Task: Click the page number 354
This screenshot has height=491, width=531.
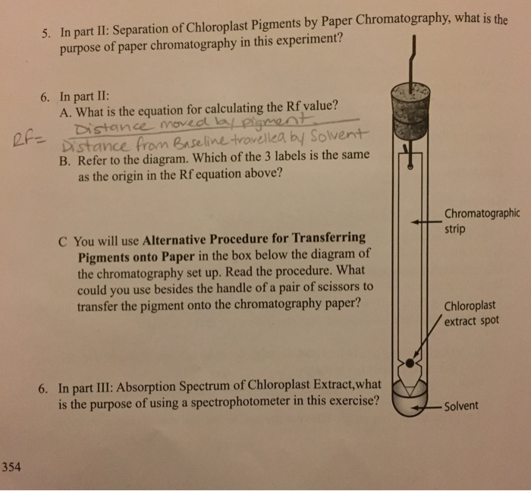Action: [12, 467]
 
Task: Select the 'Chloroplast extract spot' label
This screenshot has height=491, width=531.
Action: [471, 314]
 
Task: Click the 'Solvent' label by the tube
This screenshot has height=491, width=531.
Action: [461, 405]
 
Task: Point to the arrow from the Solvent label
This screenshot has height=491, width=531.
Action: [425, 406]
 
